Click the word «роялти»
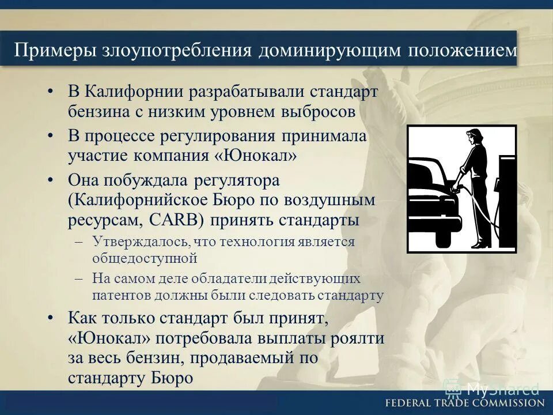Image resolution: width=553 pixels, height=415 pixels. tap(358, 338)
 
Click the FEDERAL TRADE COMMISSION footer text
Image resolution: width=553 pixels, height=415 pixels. tap(464, 403)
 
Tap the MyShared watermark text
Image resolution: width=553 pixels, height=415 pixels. tap(501, 388)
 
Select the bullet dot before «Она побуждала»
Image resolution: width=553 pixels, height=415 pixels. tap(51, 180)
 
